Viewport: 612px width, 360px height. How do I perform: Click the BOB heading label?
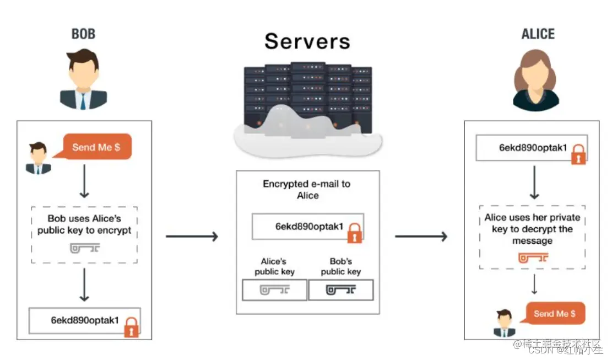(83, 34)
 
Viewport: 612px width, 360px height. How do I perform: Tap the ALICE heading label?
(538, 34)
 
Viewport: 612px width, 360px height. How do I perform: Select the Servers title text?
(307, 41)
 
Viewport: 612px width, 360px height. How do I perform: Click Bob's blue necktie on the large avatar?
(83, 101)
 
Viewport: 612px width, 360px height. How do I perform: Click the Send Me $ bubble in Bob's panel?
(96, 147)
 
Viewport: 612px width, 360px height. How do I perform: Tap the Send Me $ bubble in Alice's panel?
(555, 313)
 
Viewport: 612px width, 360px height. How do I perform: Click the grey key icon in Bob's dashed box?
(85, 248)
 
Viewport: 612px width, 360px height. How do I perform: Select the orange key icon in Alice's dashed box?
(533, 257)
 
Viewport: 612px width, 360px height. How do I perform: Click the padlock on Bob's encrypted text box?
(131, 327)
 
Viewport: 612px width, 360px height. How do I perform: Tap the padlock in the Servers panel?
(354, 233)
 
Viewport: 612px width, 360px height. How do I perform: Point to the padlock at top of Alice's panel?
(578, 154)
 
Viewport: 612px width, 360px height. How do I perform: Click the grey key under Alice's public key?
(274, 290)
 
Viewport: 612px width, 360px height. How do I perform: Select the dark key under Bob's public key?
(341, 290)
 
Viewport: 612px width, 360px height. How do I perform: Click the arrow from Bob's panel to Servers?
(192, 236)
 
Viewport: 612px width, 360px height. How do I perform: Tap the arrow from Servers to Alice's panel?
(421, 236)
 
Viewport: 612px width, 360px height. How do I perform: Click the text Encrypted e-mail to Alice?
(307, 189)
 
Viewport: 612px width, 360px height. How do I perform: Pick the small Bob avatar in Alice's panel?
(504, 323)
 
